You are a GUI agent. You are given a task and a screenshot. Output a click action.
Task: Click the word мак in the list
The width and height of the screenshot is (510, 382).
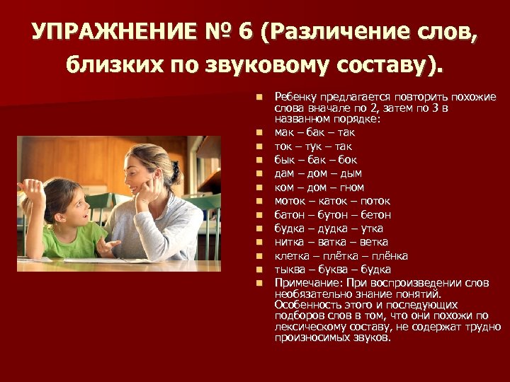(x=285, y=132)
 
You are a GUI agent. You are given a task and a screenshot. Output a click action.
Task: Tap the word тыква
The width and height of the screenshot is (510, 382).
(x=289, y=270)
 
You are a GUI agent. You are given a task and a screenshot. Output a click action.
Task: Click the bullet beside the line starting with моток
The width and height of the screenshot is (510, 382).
(x=260, y=201)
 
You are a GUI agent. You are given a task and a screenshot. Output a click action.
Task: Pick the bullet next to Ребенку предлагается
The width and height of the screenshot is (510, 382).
(x=260, y=97)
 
